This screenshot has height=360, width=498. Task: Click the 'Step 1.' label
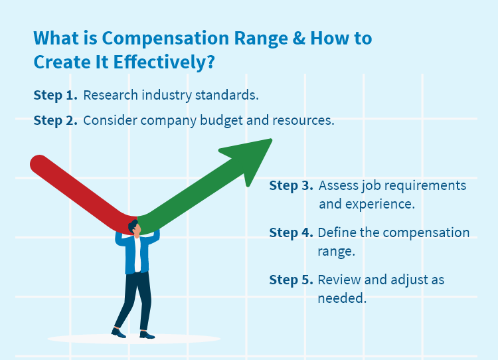pos(55,95)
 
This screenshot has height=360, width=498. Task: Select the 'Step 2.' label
pos(55,121)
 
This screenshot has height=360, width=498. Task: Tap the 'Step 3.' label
pos(291,185)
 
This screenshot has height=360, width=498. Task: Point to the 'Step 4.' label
pos(291,232)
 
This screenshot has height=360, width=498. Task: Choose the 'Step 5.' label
pos(291,280)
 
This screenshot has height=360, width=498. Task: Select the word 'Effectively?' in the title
pos(166,62)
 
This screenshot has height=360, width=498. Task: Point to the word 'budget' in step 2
pos(234,121)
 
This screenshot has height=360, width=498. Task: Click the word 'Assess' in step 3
pos(338,185)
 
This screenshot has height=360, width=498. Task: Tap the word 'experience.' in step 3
pos(367,204)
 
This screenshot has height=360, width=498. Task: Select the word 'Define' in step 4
pos(337,232)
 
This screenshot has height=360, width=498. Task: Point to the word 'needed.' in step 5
pos(342,298)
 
